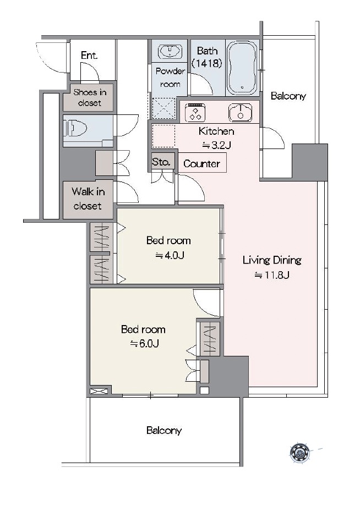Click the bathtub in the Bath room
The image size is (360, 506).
coord(242,68)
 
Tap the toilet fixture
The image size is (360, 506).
coord(75,129)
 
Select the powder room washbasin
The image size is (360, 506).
coord(170,51)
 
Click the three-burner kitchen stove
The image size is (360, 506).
coord(195,112)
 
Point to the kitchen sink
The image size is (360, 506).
coord(240,112)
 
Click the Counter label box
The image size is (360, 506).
coord(202,163)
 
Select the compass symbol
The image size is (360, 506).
coord(299,453)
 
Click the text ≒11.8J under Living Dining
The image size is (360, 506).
coord(272,275)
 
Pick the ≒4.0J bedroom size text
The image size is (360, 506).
coord(170,256)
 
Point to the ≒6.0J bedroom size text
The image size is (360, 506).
coord(144,344)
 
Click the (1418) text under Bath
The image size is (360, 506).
coord(207,63)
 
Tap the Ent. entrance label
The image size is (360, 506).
coord(89,56)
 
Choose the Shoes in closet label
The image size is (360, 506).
coord(90,97)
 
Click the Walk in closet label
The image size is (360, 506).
coord(88,199)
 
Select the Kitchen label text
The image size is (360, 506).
coord(216,131)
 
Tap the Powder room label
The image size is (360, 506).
coord(170,78)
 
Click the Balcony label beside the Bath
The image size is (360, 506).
coord(288,96)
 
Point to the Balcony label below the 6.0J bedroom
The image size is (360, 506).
coord(163,430)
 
